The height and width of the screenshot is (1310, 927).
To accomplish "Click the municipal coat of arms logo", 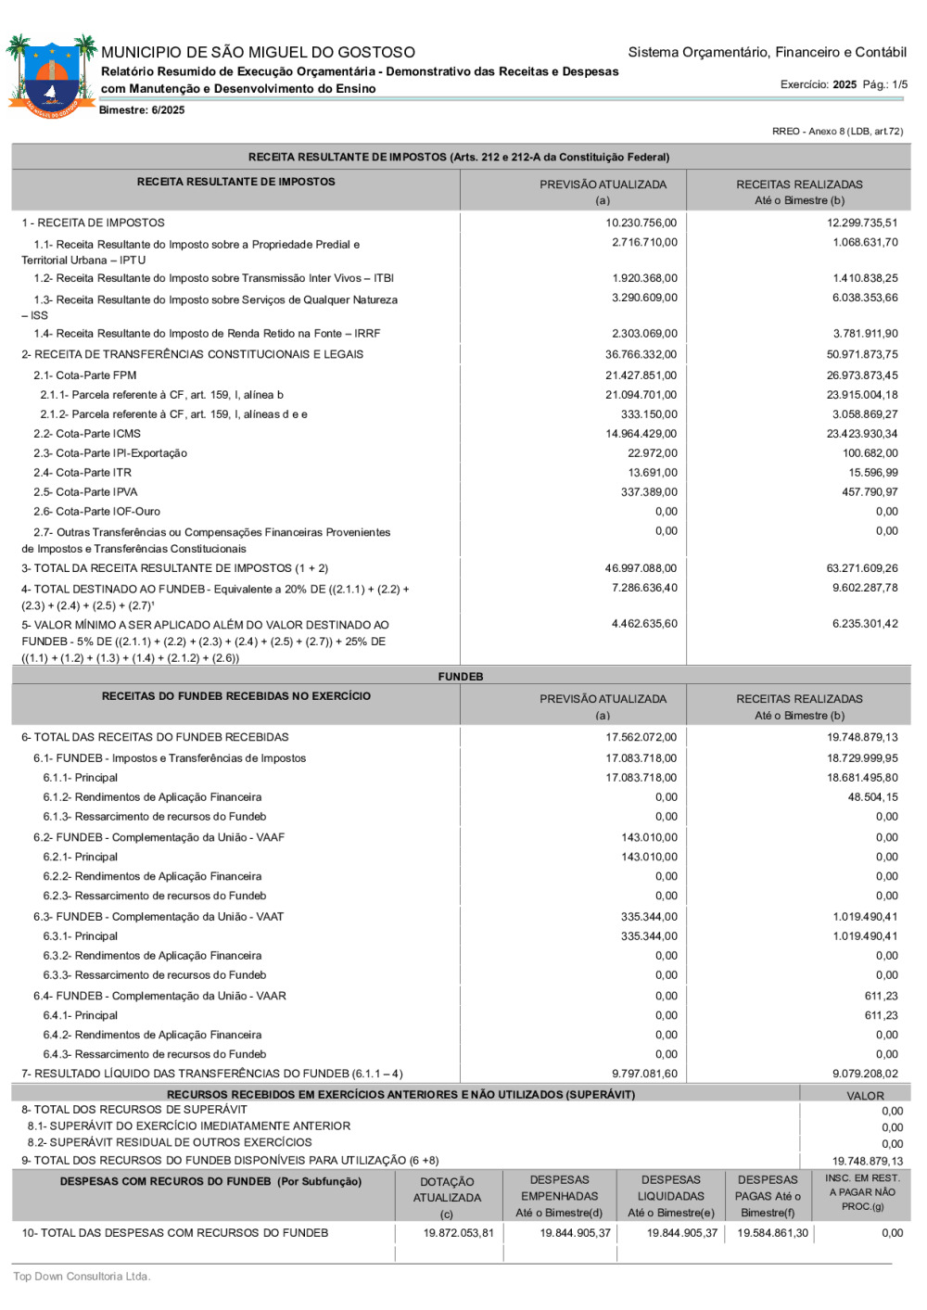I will (52, 76).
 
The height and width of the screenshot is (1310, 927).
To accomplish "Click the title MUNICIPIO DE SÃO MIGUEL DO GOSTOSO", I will (258, 53).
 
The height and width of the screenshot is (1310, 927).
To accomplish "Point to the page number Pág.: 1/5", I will (884, 84).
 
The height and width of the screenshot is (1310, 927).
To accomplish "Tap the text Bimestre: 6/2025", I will (142, 110).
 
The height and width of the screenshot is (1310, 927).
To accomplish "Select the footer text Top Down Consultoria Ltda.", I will (82, 1277).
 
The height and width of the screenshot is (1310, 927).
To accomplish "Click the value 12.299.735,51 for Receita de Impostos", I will (862, 223).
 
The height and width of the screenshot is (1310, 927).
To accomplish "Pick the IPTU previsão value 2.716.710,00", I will (644, 243).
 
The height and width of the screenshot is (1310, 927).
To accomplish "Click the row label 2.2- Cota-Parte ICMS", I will (87, 434).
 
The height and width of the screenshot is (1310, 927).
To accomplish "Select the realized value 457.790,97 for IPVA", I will (870, 492).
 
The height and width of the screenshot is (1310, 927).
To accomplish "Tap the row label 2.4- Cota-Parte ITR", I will (83, 473).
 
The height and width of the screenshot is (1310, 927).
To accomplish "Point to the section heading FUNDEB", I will (461, 677).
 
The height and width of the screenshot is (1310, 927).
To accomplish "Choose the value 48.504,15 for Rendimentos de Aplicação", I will (872, 797).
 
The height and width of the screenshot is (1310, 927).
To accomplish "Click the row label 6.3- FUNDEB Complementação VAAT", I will (159, 917).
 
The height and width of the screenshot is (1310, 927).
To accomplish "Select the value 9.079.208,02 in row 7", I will (865, 1074).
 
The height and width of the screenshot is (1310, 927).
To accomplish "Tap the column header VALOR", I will (865, 1096).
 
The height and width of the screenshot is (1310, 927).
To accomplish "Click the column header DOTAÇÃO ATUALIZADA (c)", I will (447, 1197).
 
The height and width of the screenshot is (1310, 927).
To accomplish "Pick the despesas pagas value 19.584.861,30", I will (772, 1233).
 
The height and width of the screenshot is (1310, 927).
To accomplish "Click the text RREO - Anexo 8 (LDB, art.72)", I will (837, 132).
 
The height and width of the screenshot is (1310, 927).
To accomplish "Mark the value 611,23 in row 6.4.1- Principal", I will (881, 1015).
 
